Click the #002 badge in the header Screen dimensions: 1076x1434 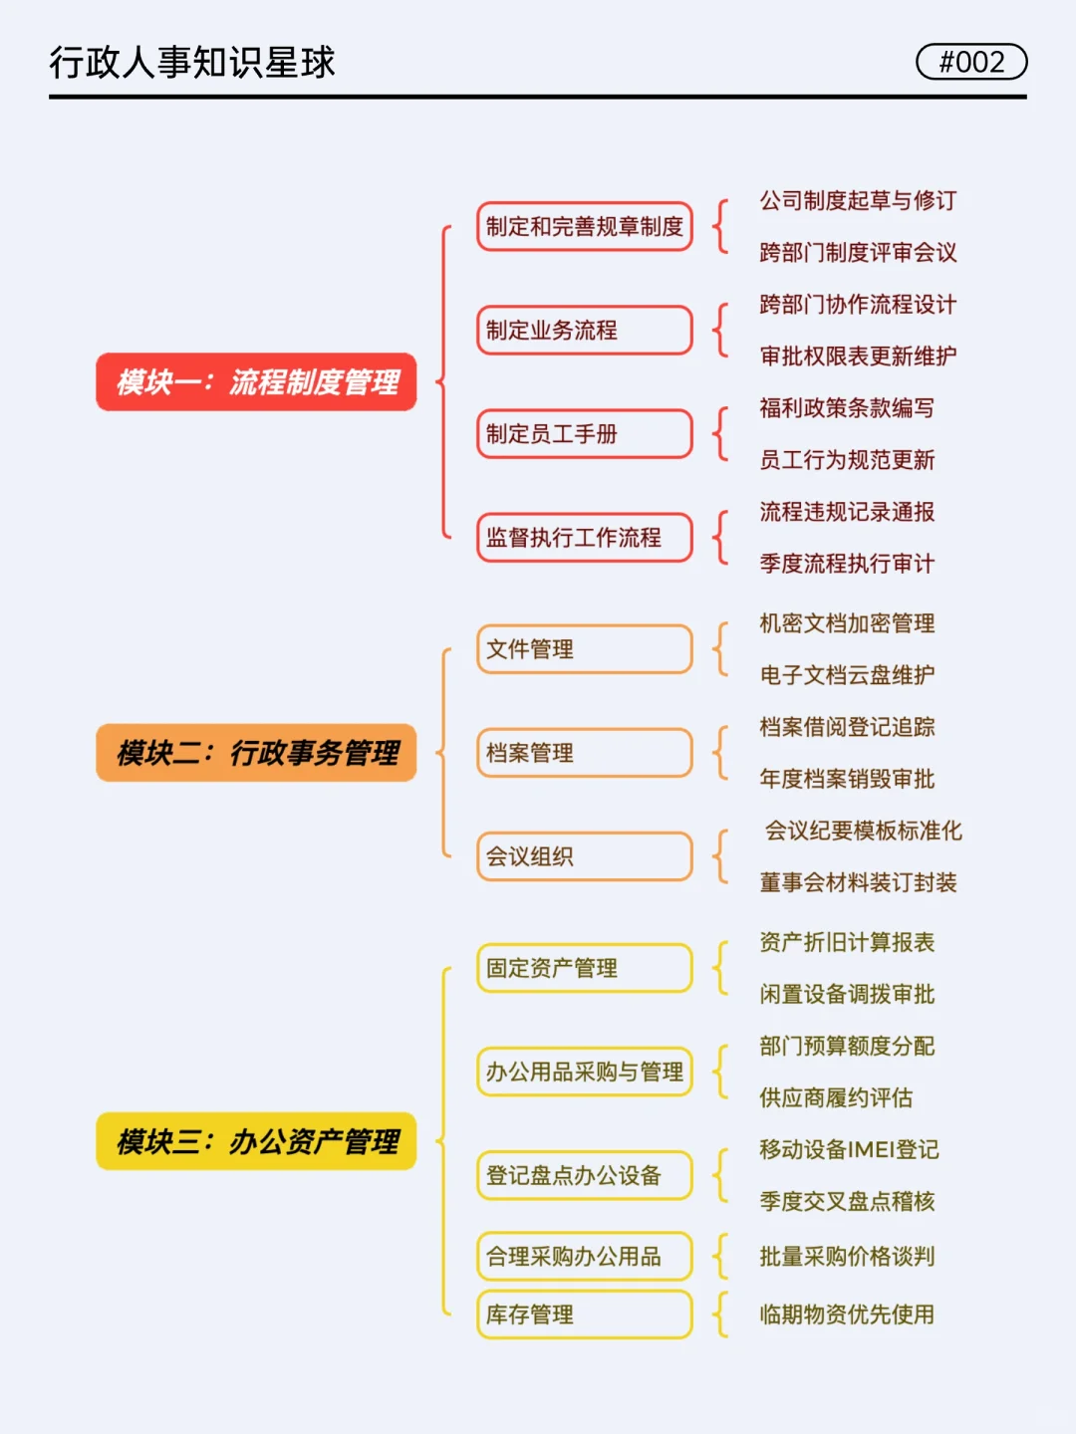971,62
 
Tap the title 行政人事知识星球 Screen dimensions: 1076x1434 192,62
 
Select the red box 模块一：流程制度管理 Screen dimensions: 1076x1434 256,381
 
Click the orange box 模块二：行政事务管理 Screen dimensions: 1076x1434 256,753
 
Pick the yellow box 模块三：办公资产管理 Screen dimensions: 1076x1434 256,1141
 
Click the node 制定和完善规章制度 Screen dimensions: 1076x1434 585,227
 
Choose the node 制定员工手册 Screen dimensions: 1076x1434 585,434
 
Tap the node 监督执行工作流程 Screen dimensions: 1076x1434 585,538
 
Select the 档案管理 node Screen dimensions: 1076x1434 585,753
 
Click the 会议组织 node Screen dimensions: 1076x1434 585,856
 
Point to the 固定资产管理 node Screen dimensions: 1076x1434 585,968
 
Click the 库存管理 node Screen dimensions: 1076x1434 585,1314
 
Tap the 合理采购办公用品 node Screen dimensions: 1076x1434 585,1257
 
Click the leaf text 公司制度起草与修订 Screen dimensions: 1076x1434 858,201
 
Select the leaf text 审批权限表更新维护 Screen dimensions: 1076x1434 858,357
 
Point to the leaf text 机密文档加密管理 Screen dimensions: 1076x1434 847,623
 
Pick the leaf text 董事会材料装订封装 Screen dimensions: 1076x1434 858,882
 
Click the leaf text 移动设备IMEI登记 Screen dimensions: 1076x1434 849,1149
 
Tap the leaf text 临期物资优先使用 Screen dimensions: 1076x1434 847,1314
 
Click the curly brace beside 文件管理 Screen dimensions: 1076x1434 720,649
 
